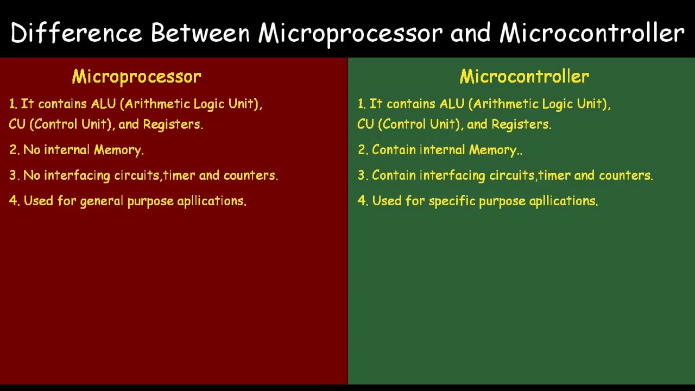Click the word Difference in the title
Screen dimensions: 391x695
click(76, 33)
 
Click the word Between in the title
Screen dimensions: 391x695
click(200, 33)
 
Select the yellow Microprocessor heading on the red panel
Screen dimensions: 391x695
click(136, 77)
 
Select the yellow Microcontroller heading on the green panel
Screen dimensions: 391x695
click(524, 77)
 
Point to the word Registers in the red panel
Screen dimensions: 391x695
click(172, 124)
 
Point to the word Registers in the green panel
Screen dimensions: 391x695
click(521, 124)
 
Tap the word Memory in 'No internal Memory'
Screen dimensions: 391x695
click(118, 150)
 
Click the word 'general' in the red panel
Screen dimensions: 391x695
click(102, 201)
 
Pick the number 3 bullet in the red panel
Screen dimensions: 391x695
click(13, 175)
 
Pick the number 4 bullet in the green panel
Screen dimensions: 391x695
click(362, 201)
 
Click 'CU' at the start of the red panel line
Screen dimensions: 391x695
click(17, 124)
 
